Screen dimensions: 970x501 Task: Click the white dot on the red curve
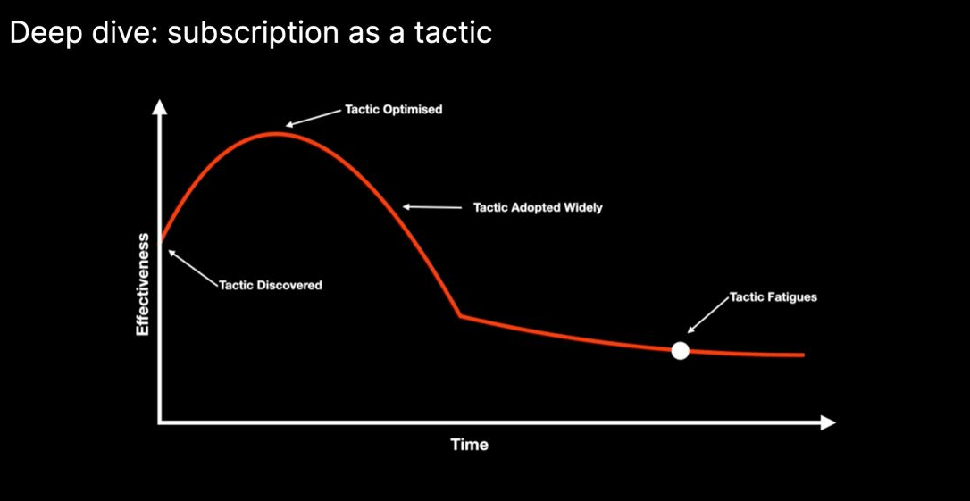point(680,351)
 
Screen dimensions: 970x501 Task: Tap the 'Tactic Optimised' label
point(393,110)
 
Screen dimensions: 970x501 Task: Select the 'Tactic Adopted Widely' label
point(538,208)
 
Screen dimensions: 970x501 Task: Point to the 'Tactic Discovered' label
point(271,285)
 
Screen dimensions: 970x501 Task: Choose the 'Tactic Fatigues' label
point(773,296)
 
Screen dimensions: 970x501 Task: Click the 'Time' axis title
point(469,445)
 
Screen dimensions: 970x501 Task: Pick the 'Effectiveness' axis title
point(143,285)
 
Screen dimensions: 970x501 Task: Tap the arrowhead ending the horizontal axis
point(828,423)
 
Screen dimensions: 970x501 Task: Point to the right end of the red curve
point(803,355)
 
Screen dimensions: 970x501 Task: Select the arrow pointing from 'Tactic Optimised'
point(314,118)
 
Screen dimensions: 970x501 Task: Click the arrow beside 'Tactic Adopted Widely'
point(432,207)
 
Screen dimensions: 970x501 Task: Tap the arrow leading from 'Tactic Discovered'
point(193,268)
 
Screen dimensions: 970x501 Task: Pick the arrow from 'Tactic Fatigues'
point(708,315)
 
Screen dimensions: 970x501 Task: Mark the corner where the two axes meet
point(160,423)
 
